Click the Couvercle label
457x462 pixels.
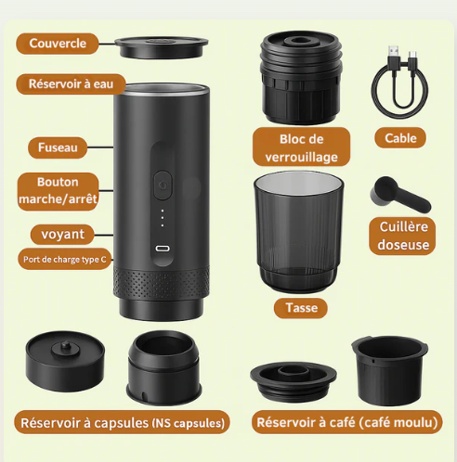pyautogui.click(x=58, y=44)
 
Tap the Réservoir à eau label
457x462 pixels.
pyautogui.click(x=64, y=83)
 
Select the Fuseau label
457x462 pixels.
pyautogui.click(x=58, y=147)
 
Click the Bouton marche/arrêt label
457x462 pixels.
pyautogui.click(x=58, y=190)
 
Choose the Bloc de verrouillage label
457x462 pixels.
pyautogui.click(x=301, y=148)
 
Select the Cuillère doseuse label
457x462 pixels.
pyautogui.click(x=404, y=237)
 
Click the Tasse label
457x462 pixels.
pyautogui.click(x=301, y=307)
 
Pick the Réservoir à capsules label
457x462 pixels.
pyautogui.click(x=122, y=423)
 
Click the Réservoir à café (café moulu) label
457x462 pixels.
pyautogui.click(x=346, y=423)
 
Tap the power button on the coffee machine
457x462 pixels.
pyautogui.click(x=163, y=185)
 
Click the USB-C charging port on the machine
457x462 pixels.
pyautogui.click(x=163, y=249)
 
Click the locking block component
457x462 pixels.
pyautogui.click(x=301, y=78)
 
